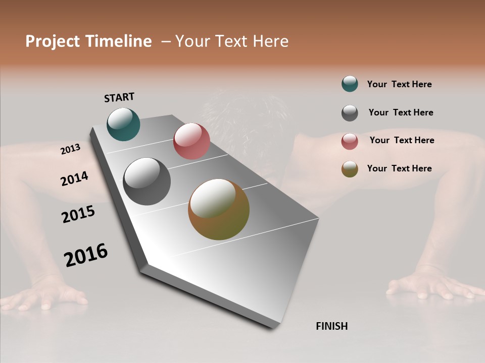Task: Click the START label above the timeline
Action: click(x=119, y=97)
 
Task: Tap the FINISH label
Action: click(x=331, y=326)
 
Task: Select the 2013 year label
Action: click(x=70, y=149)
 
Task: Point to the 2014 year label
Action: click(x=74, y=178)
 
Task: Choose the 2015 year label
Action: click(x=78, y=214)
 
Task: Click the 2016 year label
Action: click(x=86, y=255)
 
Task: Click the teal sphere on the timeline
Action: click(x=123, y=124)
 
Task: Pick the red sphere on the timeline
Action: click(x=191, y=141)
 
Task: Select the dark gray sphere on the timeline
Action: click(x=147, y=181)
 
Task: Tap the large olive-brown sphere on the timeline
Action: click(x=219, y=209)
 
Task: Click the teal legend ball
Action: click(x=350, y=84)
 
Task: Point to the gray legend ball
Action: click(x=350, y=113)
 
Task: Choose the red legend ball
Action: click(x=350, y=141)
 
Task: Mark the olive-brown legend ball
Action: click(x=350, y=169)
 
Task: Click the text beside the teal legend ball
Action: click(x=399, y=84)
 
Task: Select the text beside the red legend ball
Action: click(x=402, y=140)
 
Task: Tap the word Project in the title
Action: click(x=53, y=41)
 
